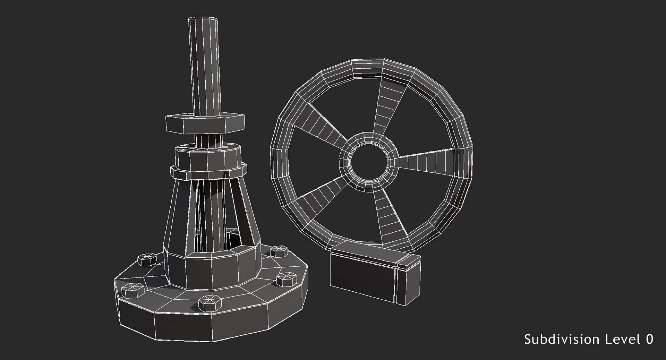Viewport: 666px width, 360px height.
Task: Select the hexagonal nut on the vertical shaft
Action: coord(205,124)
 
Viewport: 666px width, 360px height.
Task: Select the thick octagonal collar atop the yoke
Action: coord(207,158)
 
